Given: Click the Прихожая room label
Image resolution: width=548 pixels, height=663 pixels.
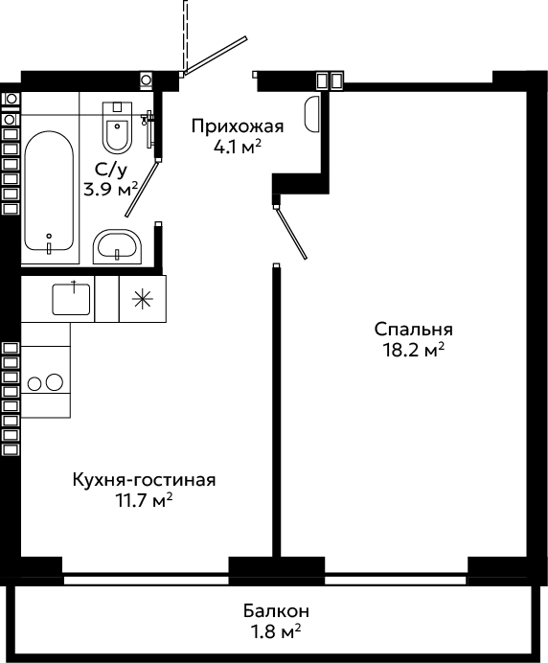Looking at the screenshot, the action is tap(238, 126).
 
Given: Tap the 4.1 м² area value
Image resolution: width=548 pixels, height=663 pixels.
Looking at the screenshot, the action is tap(238, 147).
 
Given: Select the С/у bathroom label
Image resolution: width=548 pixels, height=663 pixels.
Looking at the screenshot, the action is tap(110, 170).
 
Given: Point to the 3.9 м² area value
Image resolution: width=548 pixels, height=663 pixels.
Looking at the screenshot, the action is tap(111, 189).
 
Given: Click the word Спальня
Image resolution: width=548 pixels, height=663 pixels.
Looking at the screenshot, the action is tap(413, 330).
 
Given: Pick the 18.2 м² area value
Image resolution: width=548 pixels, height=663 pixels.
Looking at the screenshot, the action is tap(413, 350).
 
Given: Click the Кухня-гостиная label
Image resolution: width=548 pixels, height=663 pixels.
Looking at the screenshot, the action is tap(145, 480).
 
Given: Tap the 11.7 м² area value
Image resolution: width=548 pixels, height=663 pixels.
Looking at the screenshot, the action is tap(145, 500).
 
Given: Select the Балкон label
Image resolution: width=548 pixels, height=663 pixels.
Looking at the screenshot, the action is tap(276, 611).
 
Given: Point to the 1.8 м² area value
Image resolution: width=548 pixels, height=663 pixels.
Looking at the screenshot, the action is tap(276, 632).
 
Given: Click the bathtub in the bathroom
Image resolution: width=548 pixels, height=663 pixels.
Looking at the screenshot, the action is tap(49, 191).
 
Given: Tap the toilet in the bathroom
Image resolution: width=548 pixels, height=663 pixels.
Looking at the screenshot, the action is tap(117, 126).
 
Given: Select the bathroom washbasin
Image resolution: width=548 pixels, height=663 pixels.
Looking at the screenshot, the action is tap(117, 247).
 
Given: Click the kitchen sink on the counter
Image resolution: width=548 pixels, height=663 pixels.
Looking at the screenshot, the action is tap(71, 299).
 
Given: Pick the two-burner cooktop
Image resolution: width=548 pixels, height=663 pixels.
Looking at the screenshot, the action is tap(45, 382).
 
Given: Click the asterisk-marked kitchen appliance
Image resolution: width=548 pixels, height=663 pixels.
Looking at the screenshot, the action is tap(143, 299).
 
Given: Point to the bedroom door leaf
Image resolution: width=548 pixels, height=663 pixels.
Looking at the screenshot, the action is tap(291, 233).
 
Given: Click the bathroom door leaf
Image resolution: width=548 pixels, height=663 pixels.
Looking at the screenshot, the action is tap(142, 189).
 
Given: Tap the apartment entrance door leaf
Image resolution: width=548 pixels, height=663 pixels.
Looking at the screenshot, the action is tap(216, 55).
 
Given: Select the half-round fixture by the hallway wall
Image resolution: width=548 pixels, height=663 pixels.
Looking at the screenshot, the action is tap(312, 114).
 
